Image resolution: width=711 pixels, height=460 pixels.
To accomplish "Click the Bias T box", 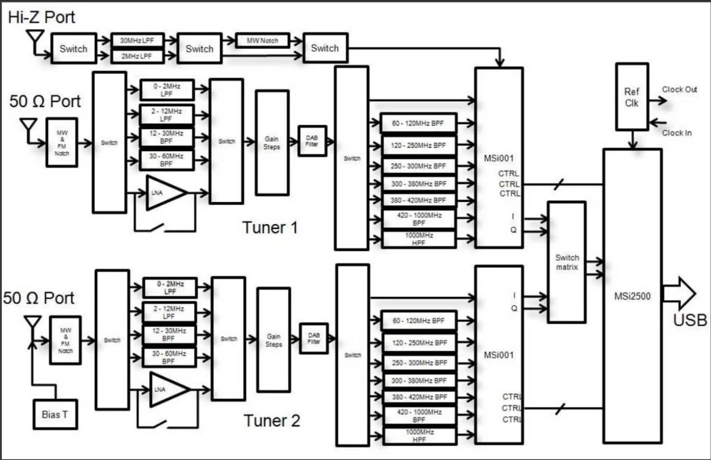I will click(55, 414).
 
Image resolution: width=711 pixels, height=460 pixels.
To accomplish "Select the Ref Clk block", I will click(632, 97).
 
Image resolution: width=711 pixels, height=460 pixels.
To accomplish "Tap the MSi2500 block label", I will click(632, 296).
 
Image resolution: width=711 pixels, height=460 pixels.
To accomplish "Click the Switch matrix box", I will click(567, 262).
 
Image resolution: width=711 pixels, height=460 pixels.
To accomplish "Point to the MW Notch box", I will click(263, 41).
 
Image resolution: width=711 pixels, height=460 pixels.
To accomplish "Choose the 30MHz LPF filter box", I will click(137, 41).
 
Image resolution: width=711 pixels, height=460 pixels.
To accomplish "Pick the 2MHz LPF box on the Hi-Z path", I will click(137, 56).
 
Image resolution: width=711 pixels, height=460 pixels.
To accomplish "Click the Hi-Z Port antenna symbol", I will click(35, 38).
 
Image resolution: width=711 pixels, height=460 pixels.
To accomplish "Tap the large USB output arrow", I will click(679, 294).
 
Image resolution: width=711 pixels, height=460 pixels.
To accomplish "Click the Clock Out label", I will click(679, 90).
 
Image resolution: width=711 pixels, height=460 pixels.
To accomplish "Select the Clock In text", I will click(677, 133).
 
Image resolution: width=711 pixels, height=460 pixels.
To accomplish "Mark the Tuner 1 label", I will click(270, 227).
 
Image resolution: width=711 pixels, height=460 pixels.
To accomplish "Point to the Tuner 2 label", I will click(272, 421).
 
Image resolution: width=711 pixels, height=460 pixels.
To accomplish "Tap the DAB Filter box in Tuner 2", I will click(314, 339).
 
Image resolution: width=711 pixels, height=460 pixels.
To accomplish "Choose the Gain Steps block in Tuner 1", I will click(272, 143).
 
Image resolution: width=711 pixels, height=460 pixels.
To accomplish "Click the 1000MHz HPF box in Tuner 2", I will click(419, 436).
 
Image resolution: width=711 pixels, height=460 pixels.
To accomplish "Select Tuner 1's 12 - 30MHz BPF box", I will click(167, 137).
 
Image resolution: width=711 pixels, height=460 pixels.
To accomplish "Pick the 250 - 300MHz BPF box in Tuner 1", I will click(418, 166).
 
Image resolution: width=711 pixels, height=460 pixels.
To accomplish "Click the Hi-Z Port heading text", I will click(42, 17).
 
